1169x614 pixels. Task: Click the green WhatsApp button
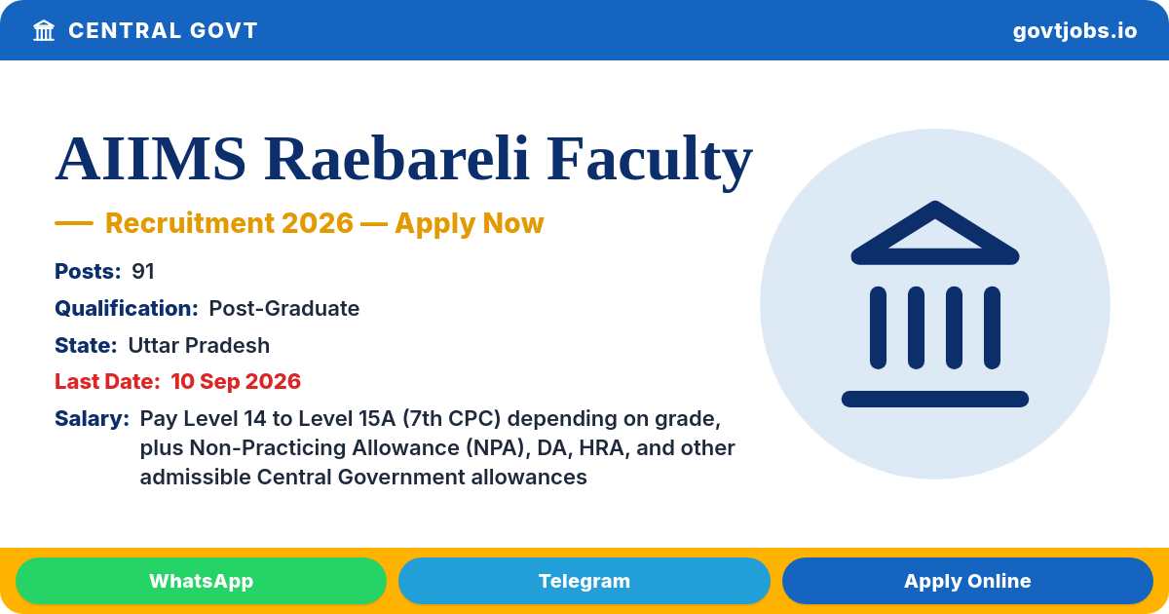[201, 581]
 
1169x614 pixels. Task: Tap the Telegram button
[584, 581]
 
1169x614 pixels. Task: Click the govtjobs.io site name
[1075, 31]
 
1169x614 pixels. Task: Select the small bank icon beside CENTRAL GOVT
[44, 30]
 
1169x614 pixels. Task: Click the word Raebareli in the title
[396, 158]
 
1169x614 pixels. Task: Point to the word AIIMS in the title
[150, 158]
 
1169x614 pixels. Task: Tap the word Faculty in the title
[649, 162]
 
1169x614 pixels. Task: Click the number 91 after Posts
[142, 272]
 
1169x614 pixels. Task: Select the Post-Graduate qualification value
[283, 309]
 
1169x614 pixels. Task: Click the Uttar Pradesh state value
[199, 346]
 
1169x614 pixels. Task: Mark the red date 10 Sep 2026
[236, 382]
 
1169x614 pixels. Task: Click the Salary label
[92, 419]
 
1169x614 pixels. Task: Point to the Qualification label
[127, 309]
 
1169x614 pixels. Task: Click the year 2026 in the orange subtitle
[318, 223]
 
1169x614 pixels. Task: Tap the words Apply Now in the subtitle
[470, 223]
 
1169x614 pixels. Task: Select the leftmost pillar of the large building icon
[878, 327]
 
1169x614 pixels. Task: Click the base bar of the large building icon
[934, 399]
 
